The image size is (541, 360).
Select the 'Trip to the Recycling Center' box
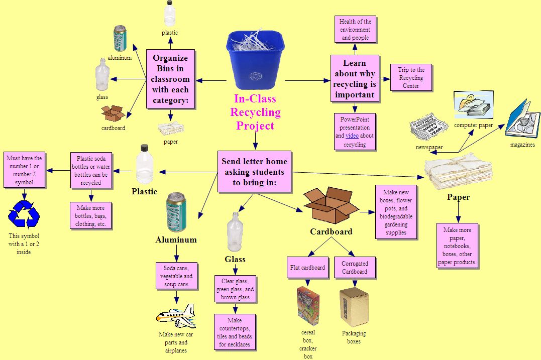411,78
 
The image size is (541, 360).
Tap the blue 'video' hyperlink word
352,136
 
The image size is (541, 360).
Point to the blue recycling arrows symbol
24,215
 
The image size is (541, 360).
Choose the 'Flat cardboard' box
307,268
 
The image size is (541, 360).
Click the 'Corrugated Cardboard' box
355,268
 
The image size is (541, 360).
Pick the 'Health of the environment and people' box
355,30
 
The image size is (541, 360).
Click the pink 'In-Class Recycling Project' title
255,112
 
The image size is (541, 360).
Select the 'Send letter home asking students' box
254,171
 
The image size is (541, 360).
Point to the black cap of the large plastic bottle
145,148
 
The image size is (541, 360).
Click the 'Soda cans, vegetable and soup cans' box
176,276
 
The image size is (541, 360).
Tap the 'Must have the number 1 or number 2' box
24,170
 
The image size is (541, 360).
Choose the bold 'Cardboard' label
331,231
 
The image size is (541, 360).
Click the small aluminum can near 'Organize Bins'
120,39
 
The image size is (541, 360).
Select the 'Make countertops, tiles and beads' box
235,332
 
